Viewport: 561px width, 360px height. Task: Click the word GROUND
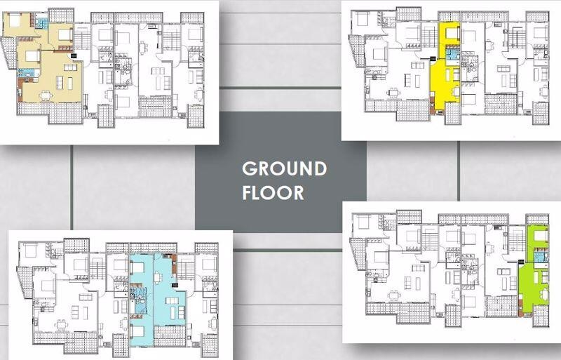284,169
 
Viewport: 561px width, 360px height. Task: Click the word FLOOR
273,192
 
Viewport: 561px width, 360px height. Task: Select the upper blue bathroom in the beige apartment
42,23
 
